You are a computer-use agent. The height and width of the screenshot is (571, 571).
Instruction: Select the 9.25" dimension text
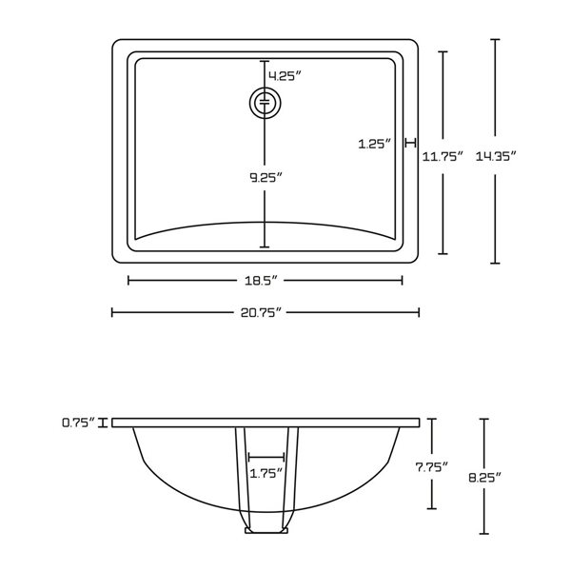(266, 177)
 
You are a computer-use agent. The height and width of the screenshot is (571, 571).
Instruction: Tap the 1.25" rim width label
(375, 144)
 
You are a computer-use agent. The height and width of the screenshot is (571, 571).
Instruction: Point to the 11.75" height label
(443, 156)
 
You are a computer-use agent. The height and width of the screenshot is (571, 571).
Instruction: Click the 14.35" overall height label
(510, 156)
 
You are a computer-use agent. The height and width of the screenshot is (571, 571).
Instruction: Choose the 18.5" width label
(266, 281)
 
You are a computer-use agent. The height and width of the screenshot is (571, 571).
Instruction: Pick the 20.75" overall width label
(266, 312)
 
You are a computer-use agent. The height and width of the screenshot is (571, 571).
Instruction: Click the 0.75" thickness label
(78, 423)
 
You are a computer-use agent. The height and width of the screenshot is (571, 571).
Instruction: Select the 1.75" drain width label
(266, 473)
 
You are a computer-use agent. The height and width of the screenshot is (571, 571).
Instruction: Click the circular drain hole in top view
(265, 102)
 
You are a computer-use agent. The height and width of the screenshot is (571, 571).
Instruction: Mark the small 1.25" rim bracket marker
(410, 143)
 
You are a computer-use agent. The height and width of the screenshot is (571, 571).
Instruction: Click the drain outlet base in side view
(266, 530)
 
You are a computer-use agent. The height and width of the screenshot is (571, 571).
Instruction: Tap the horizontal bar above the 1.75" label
(266, 457)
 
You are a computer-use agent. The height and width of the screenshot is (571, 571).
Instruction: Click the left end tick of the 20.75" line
(112, 311)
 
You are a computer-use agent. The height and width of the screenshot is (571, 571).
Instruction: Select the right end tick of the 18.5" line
(403, 280)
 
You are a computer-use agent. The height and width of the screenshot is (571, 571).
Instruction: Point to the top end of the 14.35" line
(494, 40)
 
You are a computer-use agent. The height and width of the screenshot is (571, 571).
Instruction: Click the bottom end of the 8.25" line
(484, 533)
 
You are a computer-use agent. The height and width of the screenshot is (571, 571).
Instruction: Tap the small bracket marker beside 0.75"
(112, 422)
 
